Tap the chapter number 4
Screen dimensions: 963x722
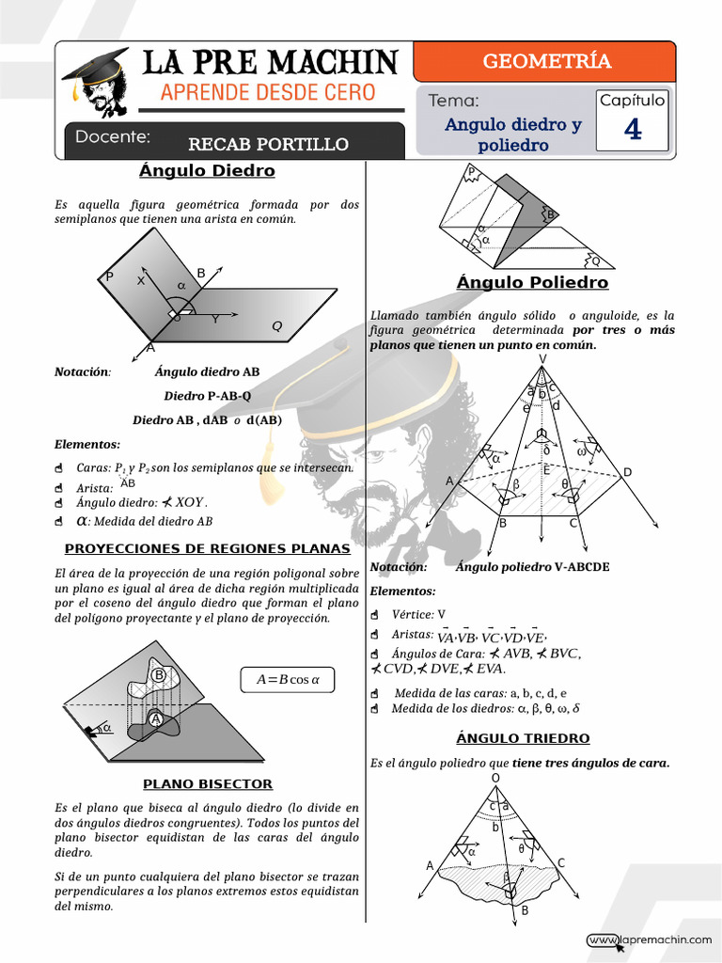[x=633, y=131]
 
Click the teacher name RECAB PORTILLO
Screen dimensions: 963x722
[x=268, y=144]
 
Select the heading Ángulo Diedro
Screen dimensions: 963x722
[x=207, y=171]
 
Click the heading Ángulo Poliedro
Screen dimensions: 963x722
[x=532, y=283]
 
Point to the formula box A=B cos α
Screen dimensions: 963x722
[x=281, y=680]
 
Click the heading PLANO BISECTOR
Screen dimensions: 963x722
[x=208, y=783]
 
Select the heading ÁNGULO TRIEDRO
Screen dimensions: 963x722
[x=523, y=738]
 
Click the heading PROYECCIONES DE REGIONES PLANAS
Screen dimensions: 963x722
[x=207, y=548]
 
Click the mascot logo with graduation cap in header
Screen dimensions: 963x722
[x=97, y=83]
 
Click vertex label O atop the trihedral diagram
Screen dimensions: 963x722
[x=494, y=779]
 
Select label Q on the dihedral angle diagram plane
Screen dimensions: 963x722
[x=276, y=326]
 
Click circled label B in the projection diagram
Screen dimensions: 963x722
[x=159, y=675]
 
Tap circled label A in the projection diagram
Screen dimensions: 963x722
[x=156, y=719]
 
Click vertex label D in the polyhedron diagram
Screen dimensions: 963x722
[x=627, y=472]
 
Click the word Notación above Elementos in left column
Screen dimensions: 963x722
[x=82, y=371]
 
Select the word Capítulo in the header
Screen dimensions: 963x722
[x=632, y=101]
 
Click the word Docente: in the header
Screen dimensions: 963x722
[x=113, y=137]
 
